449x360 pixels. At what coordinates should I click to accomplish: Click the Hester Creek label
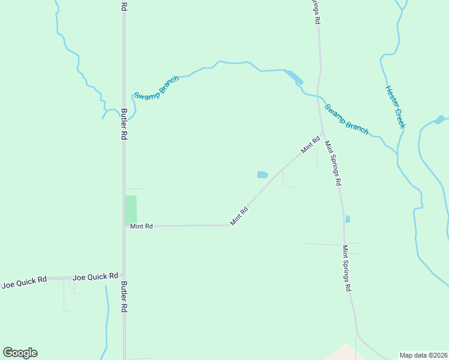[x=395, y=107]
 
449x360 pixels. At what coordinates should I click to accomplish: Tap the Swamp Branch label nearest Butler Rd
[x=156, y=88]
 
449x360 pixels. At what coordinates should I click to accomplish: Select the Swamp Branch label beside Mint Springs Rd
[x=346, y=119]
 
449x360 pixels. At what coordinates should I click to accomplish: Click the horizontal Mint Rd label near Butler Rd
[x=142, y=226]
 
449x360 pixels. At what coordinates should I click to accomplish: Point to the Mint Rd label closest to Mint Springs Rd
[x=311, y=145]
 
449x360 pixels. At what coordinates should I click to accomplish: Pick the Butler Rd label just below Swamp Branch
[x=124, y=124]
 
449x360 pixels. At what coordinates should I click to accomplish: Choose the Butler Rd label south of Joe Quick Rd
[x=124, y=296]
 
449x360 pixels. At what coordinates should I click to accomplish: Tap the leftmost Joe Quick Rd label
[x=24, y=283]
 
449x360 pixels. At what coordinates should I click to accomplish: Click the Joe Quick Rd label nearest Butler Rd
[x=95, y=277]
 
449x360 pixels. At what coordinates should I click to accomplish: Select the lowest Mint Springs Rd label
[x=346, y=268]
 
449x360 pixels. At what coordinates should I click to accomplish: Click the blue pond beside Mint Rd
[x=262, y=175]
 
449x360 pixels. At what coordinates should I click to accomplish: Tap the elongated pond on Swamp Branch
[x=294, y=77]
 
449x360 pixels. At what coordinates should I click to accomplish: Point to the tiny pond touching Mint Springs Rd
[x=348, y=219]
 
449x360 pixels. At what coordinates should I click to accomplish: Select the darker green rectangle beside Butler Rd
[x=130, y=210]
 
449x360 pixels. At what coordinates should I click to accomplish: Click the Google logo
[x=20, y=353]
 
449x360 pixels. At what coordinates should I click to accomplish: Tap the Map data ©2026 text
[x=423, y=355]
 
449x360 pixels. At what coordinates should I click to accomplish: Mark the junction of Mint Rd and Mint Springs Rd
[x=323, y=134]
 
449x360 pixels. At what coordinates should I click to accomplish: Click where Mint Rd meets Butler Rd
[x=124, y=226]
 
